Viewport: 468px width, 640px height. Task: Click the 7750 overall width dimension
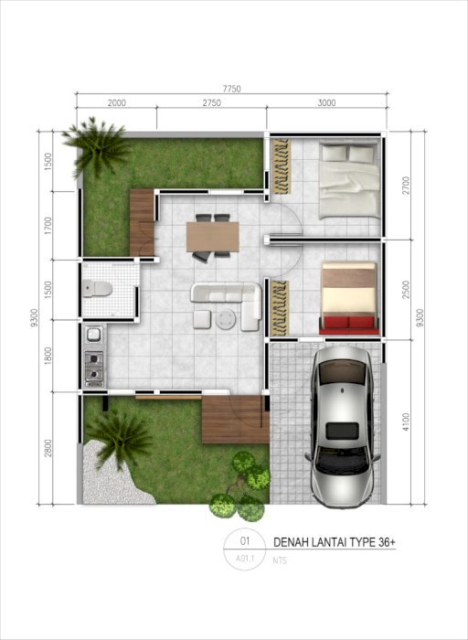click(231, 89)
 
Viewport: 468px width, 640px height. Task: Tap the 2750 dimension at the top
click(212, 102)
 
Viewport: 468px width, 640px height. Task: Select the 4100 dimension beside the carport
click(405, 421)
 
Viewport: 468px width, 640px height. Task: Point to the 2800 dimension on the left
click(48, 448)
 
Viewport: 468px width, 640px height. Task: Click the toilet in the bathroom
click(97, 289)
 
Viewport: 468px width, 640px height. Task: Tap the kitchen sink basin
click(93, 335)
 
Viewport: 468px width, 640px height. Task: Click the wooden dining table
click(213, 237)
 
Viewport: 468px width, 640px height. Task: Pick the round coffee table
click(226, 319)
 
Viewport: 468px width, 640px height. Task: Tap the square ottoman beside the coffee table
click(202, 319)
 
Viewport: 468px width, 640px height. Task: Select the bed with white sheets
click(349, 179)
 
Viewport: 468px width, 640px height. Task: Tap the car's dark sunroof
click(343, 431)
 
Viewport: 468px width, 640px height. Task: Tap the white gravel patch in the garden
click(111, 477)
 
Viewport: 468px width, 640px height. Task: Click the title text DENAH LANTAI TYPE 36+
click(335, 542)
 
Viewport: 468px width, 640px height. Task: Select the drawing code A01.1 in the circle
click(245, 559)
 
